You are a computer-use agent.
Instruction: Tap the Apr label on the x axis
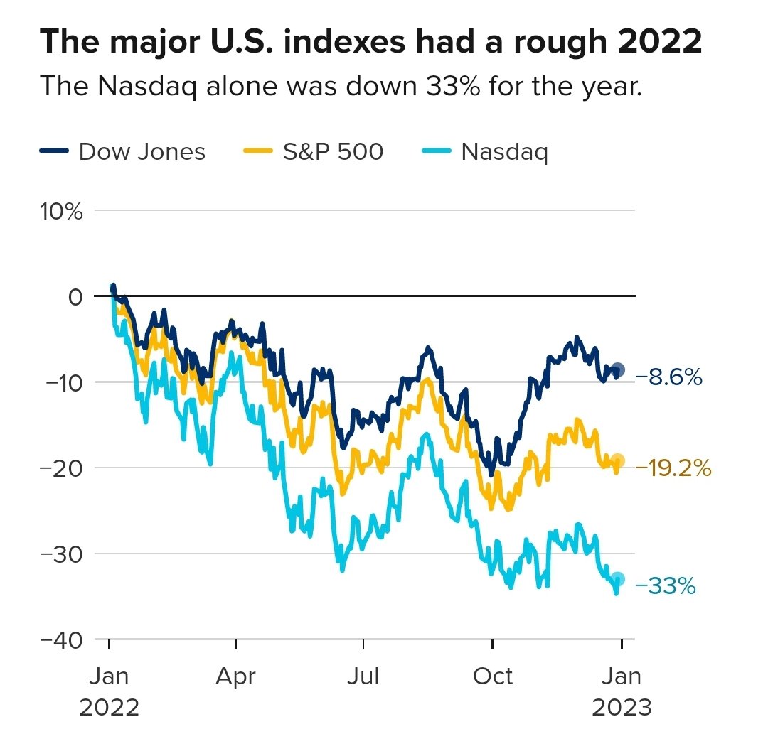235,676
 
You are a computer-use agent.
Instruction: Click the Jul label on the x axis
363,676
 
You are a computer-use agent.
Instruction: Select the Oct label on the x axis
492,676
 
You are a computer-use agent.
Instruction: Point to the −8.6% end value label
669,377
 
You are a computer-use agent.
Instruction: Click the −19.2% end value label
673,468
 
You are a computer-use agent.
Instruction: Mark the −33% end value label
665,587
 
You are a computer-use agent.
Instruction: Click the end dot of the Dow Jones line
618,369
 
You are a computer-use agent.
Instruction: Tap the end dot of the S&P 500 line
618,460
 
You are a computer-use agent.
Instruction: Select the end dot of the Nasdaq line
618,579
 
